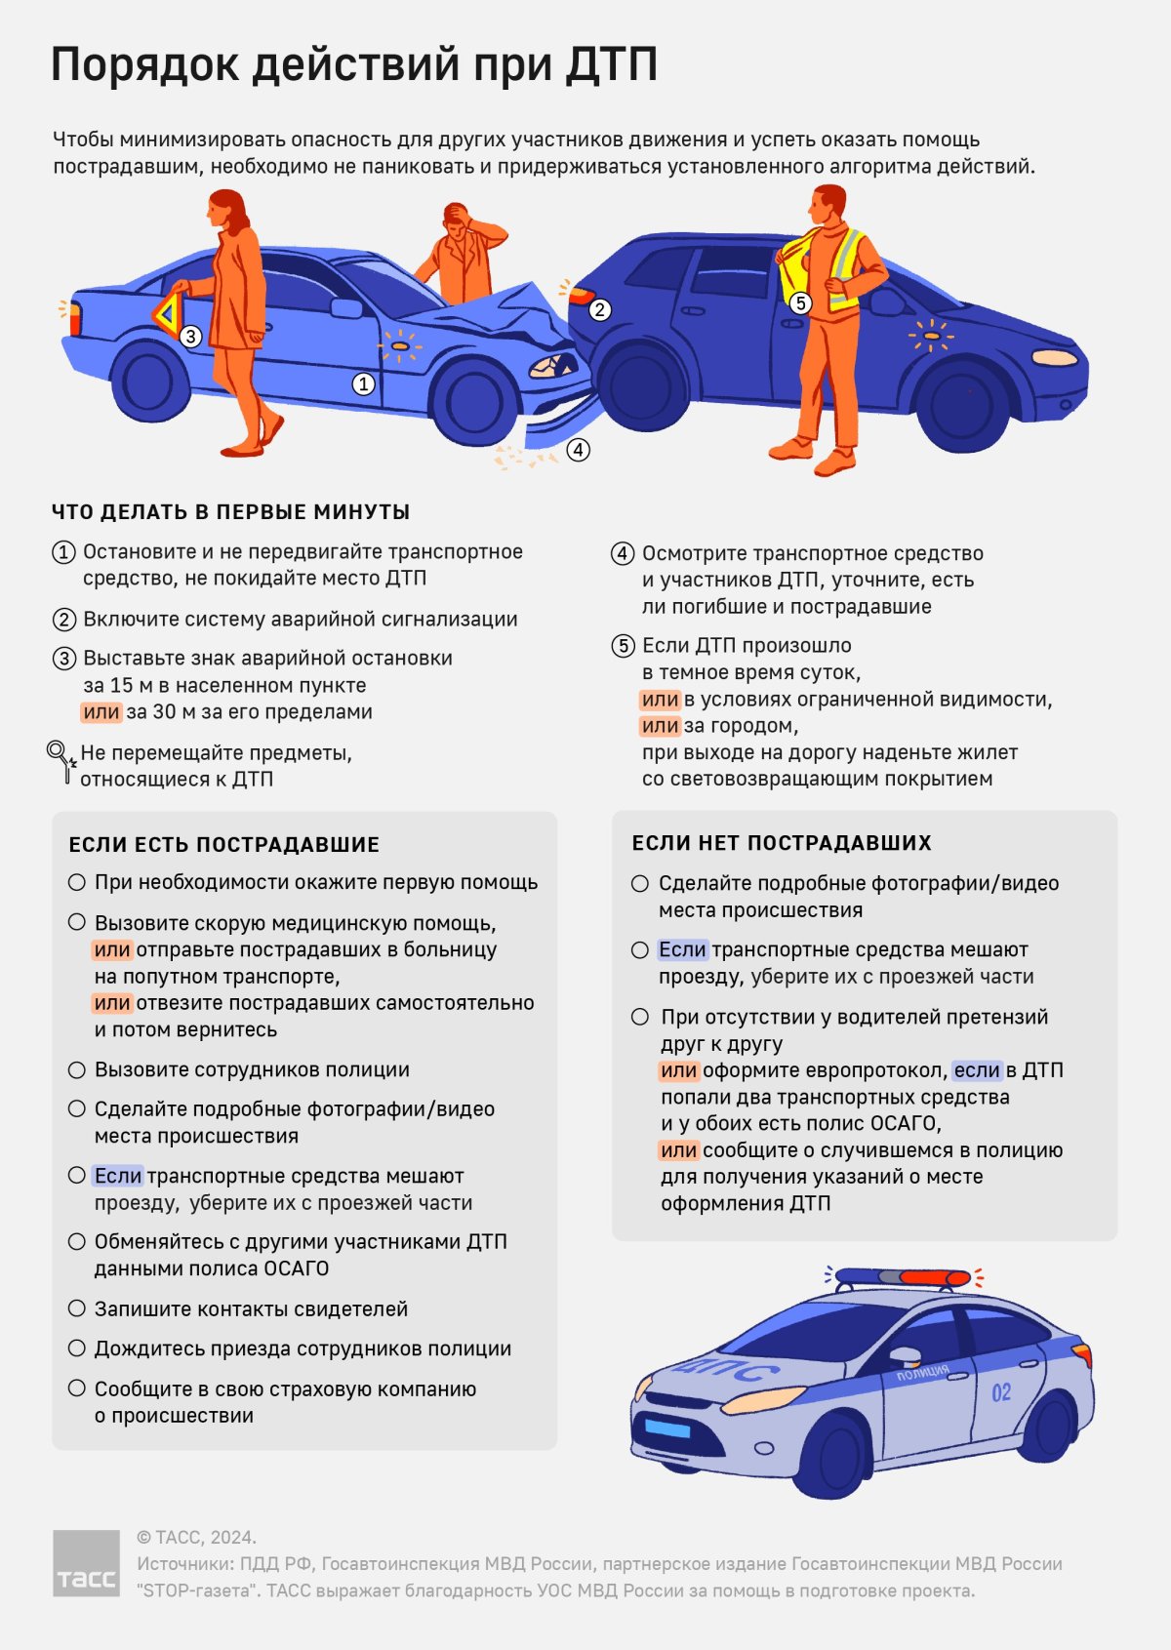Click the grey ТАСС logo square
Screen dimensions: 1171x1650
[x=86, y=1563]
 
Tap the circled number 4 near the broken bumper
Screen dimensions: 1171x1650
[x=578, y=449]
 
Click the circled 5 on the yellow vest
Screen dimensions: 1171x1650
[x=800, y=302]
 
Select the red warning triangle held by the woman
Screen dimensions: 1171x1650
[x=169, y=312]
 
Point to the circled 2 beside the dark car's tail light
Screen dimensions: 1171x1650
[x=599, y=309]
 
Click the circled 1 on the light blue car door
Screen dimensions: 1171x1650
[x=363, y=383]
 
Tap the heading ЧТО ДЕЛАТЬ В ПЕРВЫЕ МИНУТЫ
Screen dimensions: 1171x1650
[x=230, y=512]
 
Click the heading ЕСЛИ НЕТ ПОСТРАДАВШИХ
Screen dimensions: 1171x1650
[x=782, y=843]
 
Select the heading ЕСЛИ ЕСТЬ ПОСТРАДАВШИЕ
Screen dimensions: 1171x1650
[x=223, y=844]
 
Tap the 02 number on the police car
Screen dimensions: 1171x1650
[x=1001, y=1393]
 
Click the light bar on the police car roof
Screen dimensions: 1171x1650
[x=903, y=1277]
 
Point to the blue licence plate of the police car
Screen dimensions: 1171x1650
[x=667, y=1428]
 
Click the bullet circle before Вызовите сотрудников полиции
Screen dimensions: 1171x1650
[x=76, y=1069]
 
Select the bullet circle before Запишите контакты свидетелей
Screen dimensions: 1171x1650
[x=76, y=1308]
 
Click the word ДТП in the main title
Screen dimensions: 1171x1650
[x=611, y=64]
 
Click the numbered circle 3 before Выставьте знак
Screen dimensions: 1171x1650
[x=64, y=659]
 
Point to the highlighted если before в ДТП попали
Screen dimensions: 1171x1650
[x=977, y=1070]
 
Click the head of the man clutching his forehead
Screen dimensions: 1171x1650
[x=458, y=220]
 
